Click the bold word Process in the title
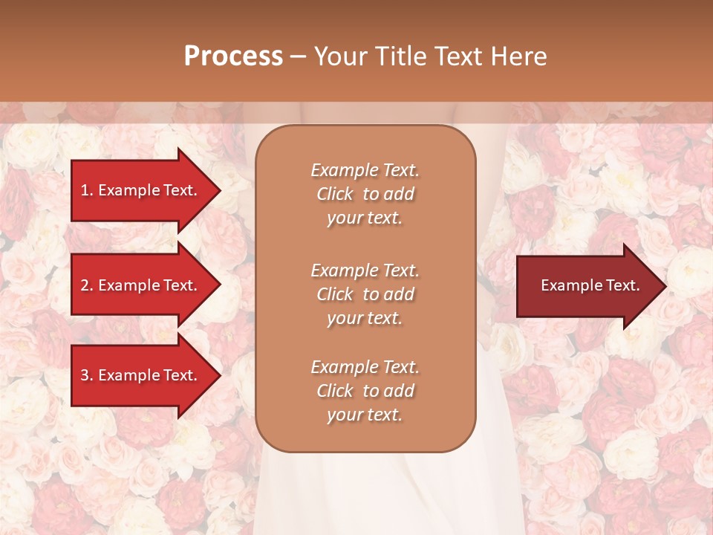click(233, 56)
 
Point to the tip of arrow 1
click(219, 190)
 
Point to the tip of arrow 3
click(219, 375)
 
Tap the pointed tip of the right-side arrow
click(665, 286)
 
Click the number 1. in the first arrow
click(87, 190)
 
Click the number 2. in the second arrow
click(87, 285)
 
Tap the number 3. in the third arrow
click(87, 375)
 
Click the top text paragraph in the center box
click(365, 194)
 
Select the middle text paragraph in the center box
click(365, 294)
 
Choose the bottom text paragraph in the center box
click(365, 391)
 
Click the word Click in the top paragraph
click(335, 194)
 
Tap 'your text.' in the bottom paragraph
click(365, 415)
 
